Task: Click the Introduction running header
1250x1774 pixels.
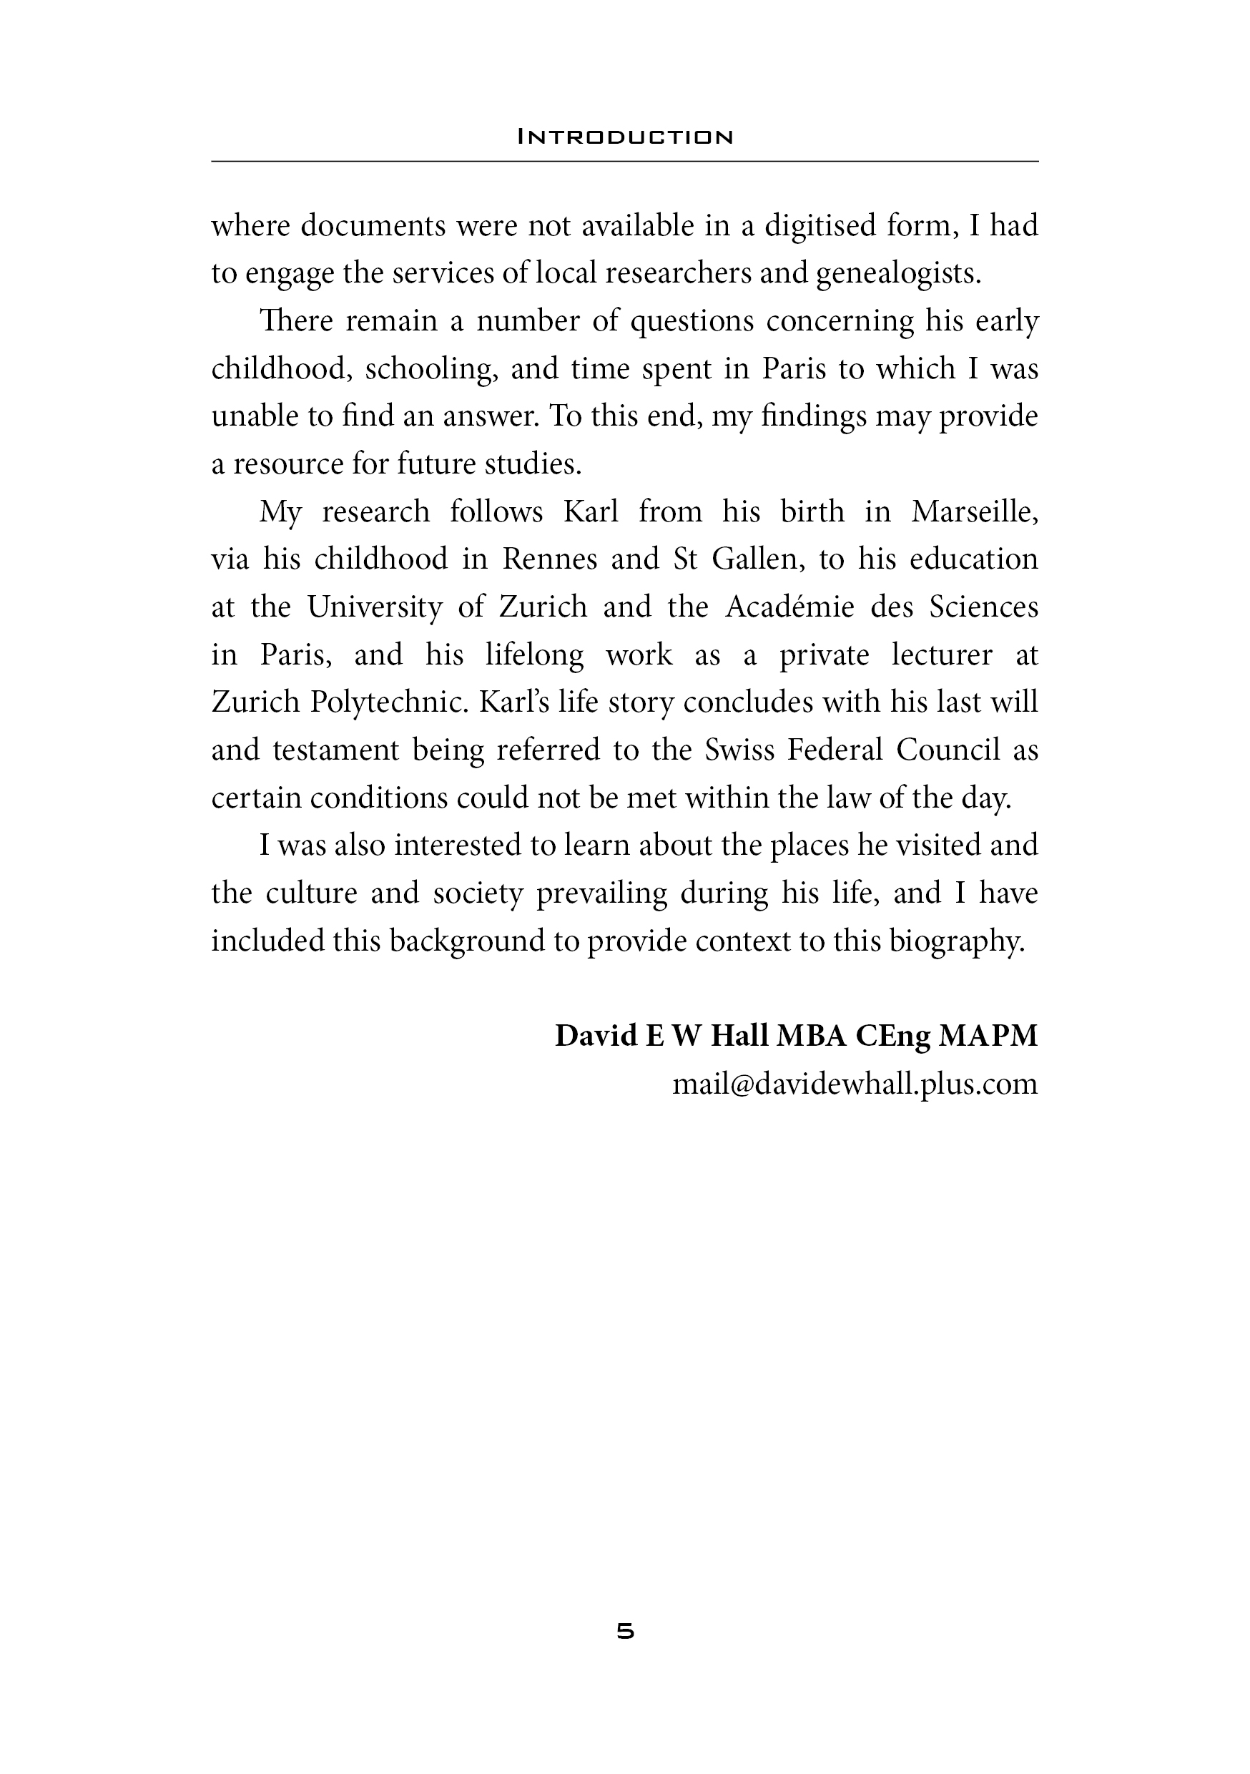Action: tap(624, 137)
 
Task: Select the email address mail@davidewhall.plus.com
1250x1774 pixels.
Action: tap(855, 1084)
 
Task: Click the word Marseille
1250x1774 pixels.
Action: tap(974, 511)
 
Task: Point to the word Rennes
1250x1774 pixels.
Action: tap(549, 559)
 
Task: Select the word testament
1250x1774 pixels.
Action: tap(335, 750)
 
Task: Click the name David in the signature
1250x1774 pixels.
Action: tap(596, 1036)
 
